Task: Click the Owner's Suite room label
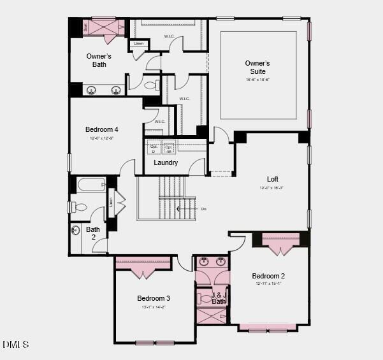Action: click(x=257, y=67)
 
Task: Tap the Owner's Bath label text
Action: click(x=99, y=61)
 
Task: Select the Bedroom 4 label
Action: click(x=102, y=129)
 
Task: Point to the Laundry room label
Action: click(x=166, y=163)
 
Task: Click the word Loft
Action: click(x=273, y=179)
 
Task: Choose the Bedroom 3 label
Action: click(x=154, y=298)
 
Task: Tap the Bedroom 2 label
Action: click(x=268, y=276)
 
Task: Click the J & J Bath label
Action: click(x=219, y=299)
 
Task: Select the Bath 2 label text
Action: click(x=93, y=233)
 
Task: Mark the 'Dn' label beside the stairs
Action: click(x=204, y=209)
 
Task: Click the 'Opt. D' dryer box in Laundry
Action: click(x=153, y=148)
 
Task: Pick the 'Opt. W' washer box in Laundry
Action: click(x=169, y=148)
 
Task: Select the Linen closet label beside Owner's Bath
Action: click(x=139, y=44)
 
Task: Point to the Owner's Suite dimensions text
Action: click(x=257, y=80)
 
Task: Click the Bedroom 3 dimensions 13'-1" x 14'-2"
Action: click(x=154, y=307)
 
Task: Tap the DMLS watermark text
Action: click(x=15, y=345)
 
